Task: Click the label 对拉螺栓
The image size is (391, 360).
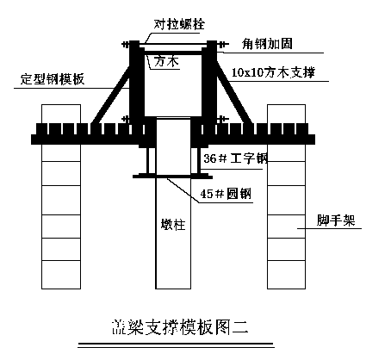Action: point(179,24)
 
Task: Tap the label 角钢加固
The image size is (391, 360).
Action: point(267,44)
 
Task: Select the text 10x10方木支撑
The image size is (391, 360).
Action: point(273,72)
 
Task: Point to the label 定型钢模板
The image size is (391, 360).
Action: point(53,79)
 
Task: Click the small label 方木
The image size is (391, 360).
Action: point(166,61)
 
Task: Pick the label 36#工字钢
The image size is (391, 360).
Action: point(235,158)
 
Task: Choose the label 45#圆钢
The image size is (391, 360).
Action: point(226,194)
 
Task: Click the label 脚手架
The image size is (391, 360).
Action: point(336,220)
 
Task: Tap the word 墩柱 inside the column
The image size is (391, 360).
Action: point(173,224)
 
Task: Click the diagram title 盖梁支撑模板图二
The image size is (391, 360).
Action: point(180,327)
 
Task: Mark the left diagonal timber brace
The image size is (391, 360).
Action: point(111,95)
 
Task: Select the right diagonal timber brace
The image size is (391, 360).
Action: point(235,94)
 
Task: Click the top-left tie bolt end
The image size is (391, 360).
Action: point(126,45)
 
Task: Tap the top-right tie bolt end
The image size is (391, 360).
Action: point(224,45)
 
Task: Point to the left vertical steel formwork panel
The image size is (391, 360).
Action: point(134,84)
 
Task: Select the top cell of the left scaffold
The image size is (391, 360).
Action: point(61,114)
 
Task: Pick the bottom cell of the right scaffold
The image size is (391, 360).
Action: point(286,275)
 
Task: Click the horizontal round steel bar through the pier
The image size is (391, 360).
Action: point(172,177)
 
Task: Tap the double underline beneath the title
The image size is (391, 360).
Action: point(176,345)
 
